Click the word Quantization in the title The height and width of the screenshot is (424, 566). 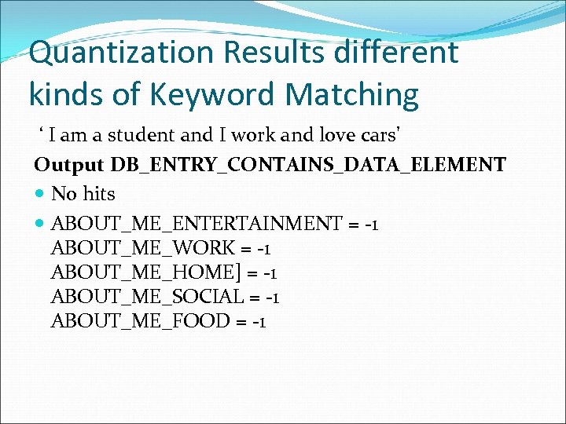pos(109,53)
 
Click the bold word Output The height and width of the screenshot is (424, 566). pos(68,165)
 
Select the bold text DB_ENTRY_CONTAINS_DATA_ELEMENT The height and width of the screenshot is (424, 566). pos(308,165)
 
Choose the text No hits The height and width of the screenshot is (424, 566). pos(83,194)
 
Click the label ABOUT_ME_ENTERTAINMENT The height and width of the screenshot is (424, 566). pos(196,224)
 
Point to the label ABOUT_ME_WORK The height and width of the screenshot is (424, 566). pos(142,248)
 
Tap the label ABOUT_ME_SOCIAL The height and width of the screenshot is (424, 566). pos(148,297)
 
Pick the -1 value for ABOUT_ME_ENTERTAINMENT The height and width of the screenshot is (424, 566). pos(372,224)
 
